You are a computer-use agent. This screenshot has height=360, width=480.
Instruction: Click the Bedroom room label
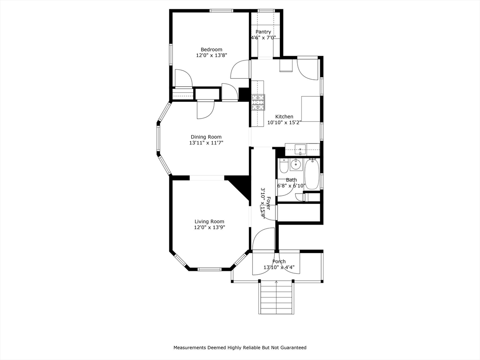click(211, 50)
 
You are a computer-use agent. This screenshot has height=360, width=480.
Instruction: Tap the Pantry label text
click(263, 32)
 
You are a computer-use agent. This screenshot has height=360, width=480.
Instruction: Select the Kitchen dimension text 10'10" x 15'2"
click(285, 122)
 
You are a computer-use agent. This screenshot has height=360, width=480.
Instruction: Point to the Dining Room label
click(206, 137)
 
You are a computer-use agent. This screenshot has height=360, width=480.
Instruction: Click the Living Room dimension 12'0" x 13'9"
click(210, 227)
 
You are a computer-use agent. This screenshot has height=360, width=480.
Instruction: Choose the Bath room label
click(292, 180)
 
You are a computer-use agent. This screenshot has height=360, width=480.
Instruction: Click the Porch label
click(279, 262)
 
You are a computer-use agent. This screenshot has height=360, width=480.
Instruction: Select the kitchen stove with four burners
click(258, 103)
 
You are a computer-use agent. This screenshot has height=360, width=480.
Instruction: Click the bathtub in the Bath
click(312, 174)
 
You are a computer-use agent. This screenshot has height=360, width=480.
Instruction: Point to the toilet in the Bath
click(283, 165)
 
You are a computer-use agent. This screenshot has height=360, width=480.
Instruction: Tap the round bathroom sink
click(296, 165)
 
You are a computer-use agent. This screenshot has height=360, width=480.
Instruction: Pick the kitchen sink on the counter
click(300, 150)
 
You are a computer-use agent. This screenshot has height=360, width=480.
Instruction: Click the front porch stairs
click(277, 297)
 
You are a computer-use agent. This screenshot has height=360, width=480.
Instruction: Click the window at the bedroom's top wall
click(221, 11)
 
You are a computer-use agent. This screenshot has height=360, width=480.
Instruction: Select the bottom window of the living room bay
click(210, 270)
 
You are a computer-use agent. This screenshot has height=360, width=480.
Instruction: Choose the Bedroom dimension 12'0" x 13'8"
click(211, 55)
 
